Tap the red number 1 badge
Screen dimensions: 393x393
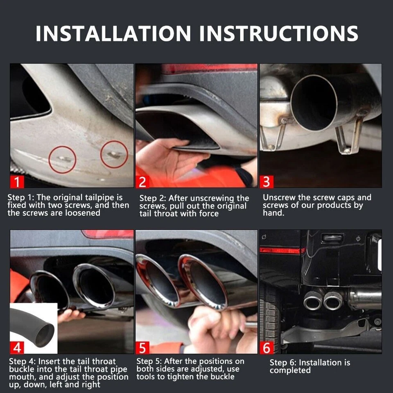pyautogui.click(x=18, y=181)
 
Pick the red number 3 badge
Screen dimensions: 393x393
pyautogui.click(x=267, y=181)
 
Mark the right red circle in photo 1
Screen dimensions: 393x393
pyautogui.click(x=114, y=154)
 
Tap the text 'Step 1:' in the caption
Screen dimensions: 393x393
pyautogui.click(x=22, y=198)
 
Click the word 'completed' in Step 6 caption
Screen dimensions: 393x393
pyautogui.click(x=290, y=370)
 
